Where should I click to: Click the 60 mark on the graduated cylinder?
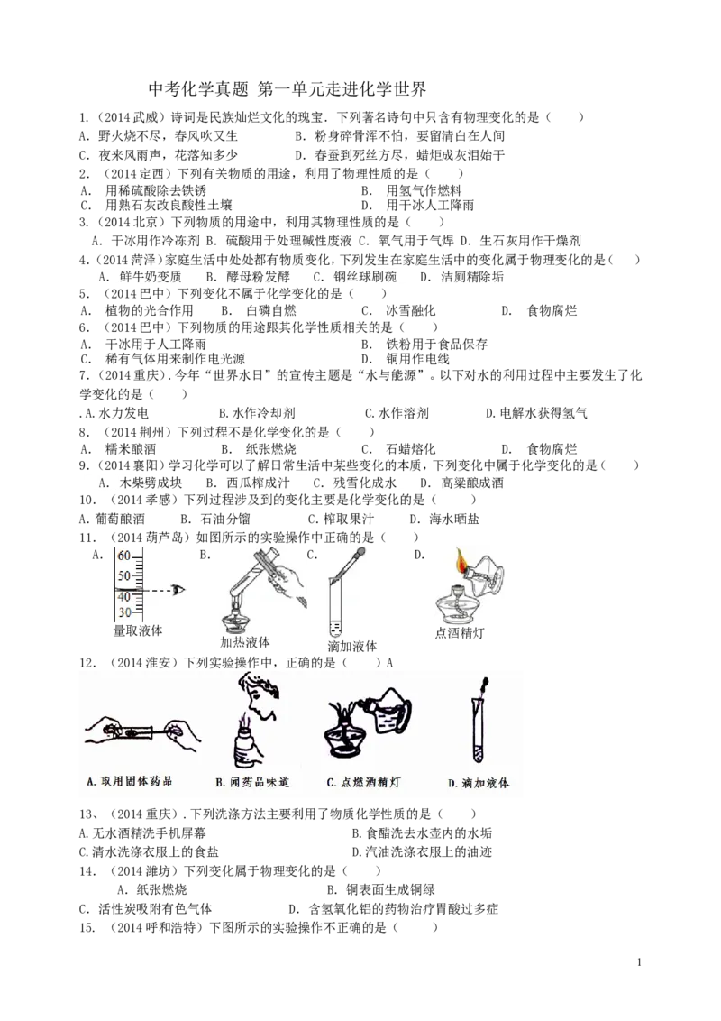[x=123, y=555]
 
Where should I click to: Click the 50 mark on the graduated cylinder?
[x=123, y=575]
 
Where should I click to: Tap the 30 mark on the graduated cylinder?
[x=123, y=612]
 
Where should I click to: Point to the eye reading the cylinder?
[x=179, y=590]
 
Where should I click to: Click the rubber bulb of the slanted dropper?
[x=360, y=547]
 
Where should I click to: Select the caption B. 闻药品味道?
[x=252, y=783]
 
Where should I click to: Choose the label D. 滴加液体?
[x=479, y=783]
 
